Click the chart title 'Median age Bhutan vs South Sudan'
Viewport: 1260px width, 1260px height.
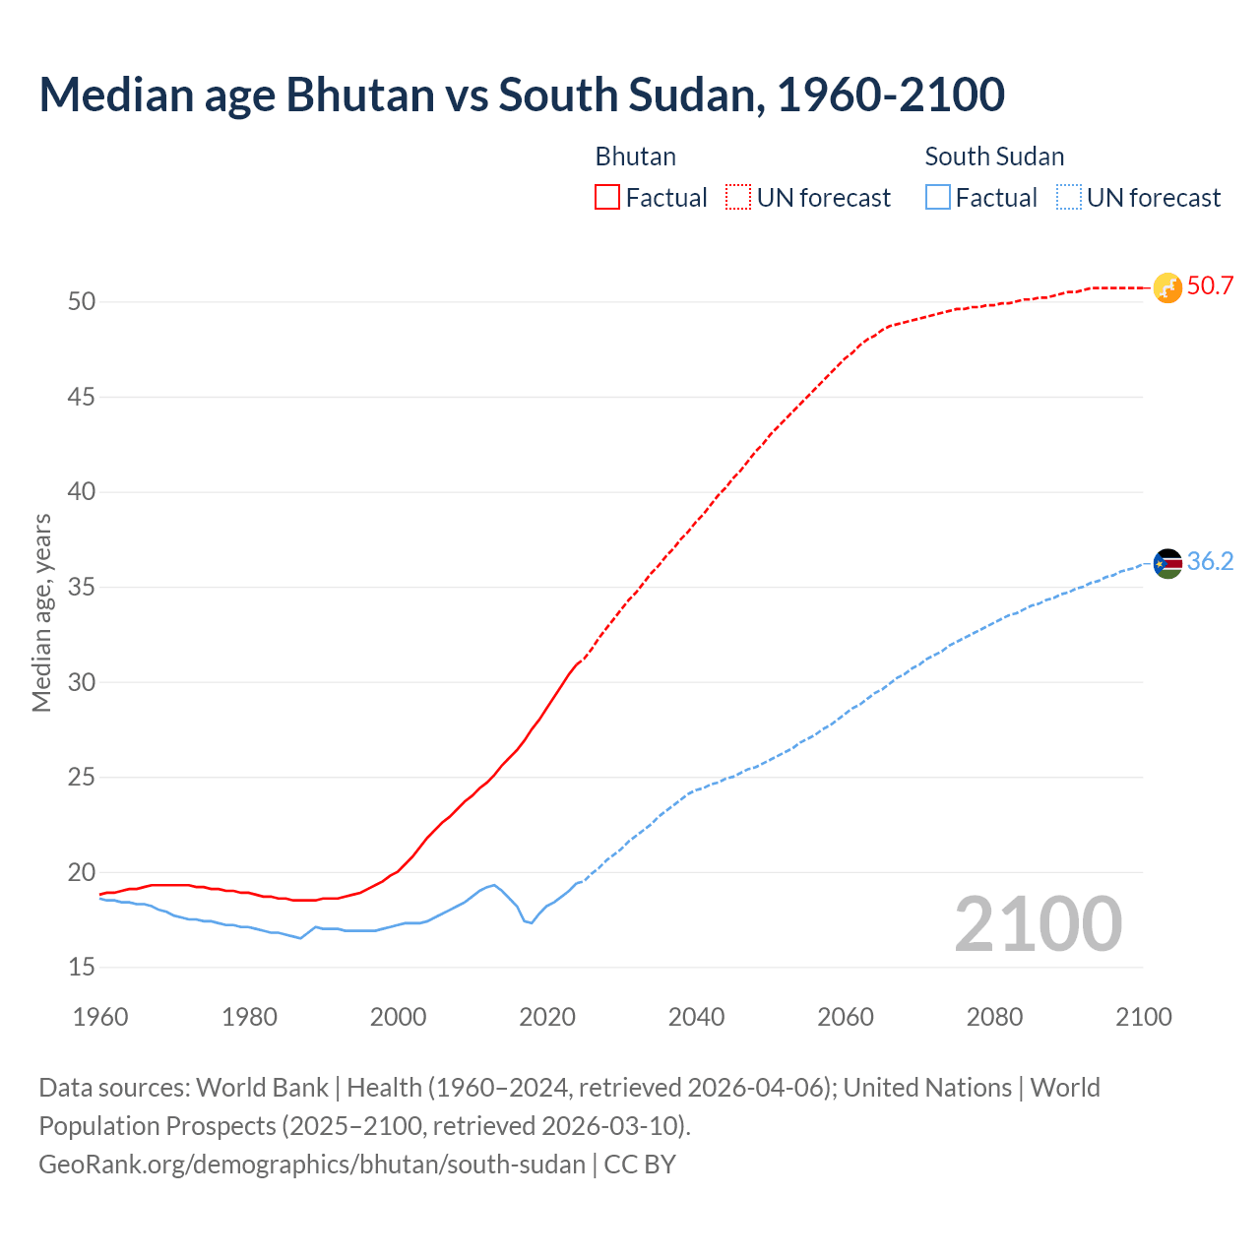pos(522,94)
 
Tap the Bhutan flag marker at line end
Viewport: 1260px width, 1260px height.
pos(1167,287)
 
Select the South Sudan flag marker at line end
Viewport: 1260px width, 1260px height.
pos(1167,563)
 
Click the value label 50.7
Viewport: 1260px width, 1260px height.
pos(1210,286)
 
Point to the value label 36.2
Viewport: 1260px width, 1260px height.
pos(1210,562)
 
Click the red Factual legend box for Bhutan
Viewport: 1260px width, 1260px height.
pos(607,198)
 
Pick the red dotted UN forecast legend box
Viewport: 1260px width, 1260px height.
pos(738,198)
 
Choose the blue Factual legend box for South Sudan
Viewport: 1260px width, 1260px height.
pos(937,198)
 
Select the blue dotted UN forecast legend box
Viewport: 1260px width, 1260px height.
pos(1068,198)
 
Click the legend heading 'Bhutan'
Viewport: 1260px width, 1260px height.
pos(635,157)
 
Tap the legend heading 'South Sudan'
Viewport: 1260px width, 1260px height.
pos(994,157)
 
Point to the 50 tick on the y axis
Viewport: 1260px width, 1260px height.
pos(82,302)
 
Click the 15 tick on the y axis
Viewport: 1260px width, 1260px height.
pos(82,968)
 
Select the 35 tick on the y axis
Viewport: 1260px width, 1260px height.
pos(82,588)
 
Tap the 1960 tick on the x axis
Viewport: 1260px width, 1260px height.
pos(100,1017)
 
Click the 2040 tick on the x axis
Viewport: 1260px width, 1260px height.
pos(696,1017)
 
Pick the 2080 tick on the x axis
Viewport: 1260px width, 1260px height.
pos(994,1017)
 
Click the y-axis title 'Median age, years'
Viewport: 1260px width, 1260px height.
pos(41,612)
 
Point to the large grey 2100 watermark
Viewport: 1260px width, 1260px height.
pos(1038,924)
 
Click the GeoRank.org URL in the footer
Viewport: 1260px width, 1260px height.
pos(312,1165)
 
